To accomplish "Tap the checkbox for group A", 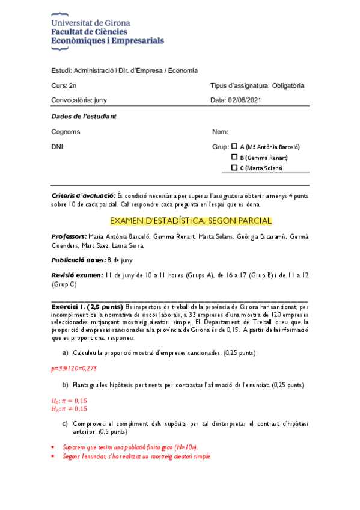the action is [234, 147].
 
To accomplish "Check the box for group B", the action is [234, 158].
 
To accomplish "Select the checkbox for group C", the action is [234, 168].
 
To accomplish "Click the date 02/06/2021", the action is [245, 100].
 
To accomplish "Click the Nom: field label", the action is [220, 132].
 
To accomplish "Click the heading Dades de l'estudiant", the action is [84, 116].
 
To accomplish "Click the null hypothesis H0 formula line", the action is [69, 401].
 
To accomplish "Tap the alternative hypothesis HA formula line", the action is [69, 409].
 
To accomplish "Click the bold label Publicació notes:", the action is [78, 260].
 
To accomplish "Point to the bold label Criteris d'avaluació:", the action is [84, 196].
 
